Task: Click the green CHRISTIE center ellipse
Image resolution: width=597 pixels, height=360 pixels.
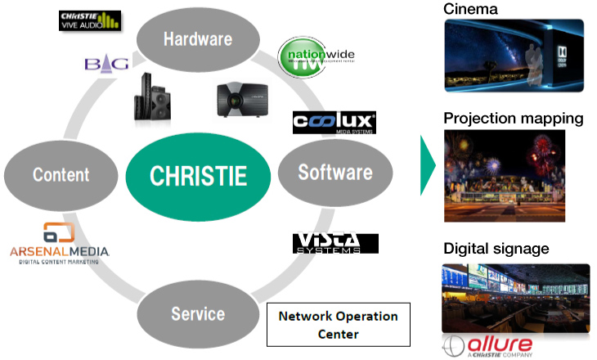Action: click(x=197, y=174)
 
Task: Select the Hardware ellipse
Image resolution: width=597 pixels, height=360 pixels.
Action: click(x=197, y=38)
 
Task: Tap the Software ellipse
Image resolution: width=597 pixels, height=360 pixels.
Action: click(x=335, y=173)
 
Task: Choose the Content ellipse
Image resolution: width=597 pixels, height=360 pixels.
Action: click(x=61, y=174)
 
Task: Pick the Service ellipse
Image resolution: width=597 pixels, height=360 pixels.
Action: click(x=197, y=313)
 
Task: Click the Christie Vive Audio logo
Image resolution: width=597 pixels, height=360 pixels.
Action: click(x=91, y=20)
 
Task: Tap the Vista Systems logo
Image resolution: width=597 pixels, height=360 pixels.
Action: click(x=335, y=243)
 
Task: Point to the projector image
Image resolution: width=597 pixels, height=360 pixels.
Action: click(x=243, y=99)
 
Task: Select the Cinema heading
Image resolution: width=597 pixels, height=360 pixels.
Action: click(x=471, y=9)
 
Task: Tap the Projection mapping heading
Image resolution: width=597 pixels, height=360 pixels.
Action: click(x=513, y=119)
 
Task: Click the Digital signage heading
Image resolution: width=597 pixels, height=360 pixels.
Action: click(x=496, y=248)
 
